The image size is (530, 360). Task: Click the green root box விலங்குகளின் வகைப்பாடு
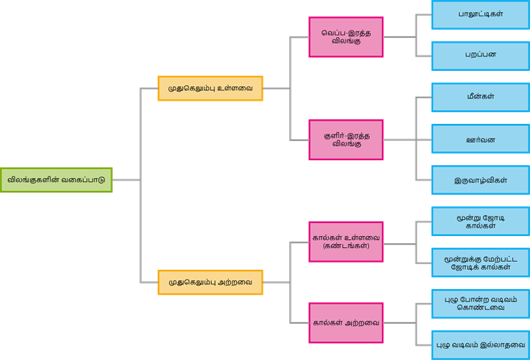tap(56, 180)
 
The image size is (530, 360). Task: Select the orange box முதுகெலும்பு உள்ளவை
tap(210, 88)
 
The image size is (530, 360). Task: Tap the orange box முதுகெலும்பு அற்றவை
tap(210, 282)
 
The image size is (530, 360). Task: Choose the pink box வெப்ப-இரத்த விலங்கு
tap(346, 37)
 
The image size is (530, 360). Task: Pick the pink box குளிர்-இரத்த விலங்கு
tap(346, 140)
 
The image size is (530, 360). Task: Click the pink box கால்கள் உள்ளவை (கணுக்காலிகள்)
tap(346, 241)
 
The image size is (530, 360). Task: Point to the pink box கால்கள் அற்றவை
tap(346, 323)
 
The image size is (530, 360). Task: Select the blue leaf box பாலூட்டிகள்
tap(480, 14)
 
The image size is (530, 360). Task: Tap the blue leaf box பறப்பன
tap(480, 56)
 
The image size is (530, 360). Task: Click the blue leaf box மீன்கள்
tap(480, 97)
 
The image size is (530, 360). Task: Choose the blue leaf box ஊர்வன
tap(480, 139)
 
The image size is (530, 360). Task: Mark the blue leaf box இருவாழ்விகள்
tap(480, 180)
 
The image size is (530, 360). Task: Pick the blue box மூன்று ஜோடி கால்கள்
tap(480, 221)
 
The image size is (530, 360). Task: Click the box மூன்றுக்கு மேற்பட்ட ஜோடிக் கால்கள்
tap(480, 262)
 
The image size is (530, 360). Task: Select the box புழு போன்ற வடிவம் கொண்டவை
tap(480, 303)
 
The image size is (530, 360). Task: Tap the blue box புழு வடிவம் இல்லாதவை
tap(480, 345)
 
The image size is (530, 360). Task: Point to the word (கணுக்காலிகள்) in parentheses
tap(346, 246)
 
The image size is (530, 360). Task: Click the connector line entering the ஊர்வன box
tap(424, 139)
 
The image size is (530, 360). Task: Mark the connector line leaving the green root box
tap(126, 180)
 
